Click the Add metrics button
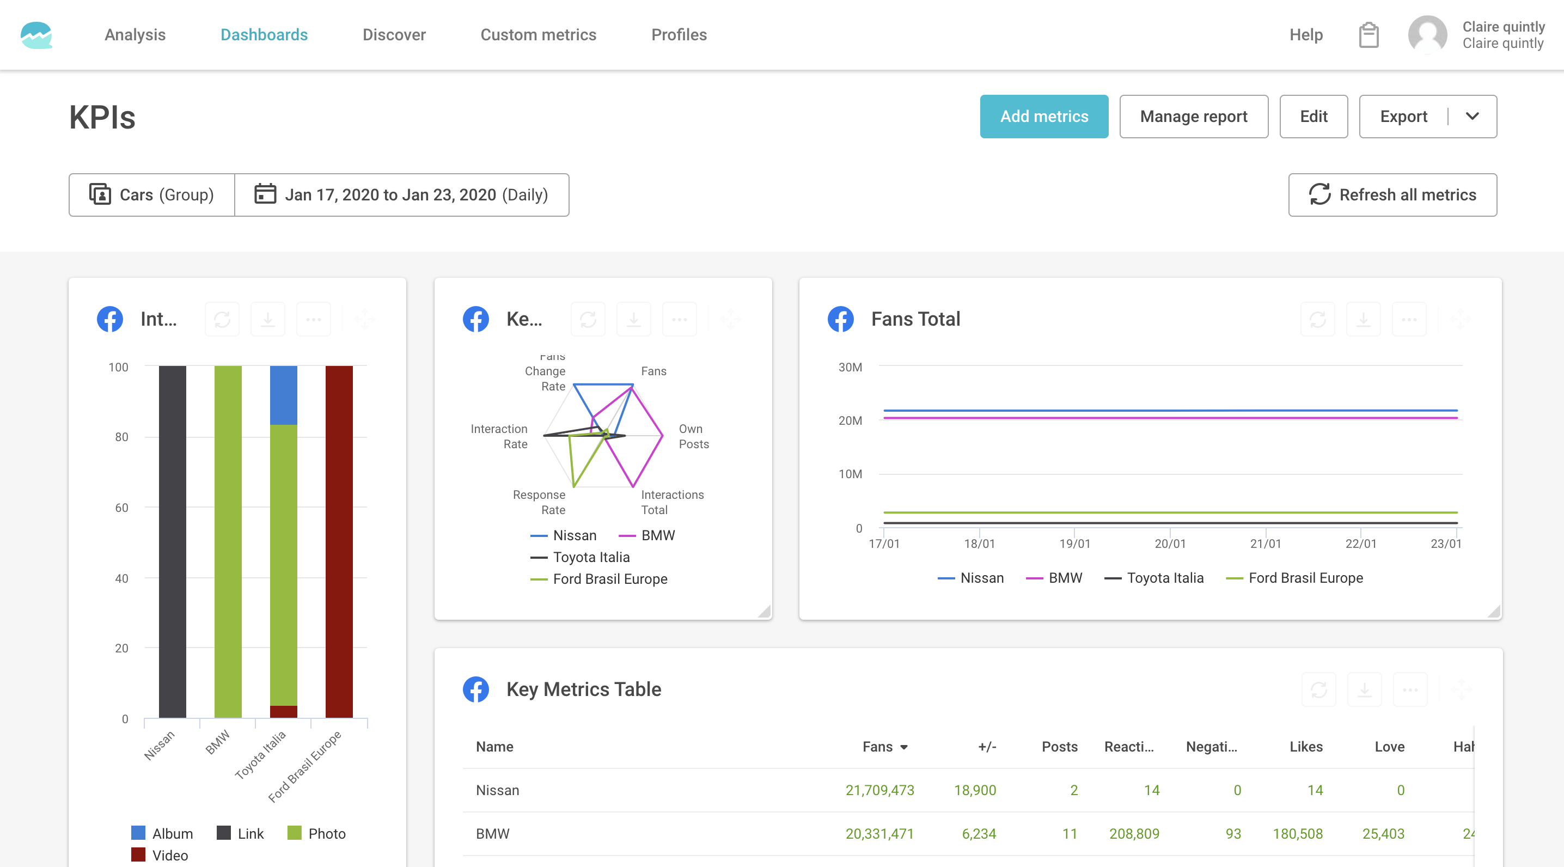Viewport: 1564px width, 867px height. click(x=1044, y=116)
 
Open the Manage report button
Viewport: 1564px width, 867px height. click(x=1193, y=116)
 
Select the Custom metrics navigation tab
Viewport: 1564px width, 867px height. click(x=538, y=35)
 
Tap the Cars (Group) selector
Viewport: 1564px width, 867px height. click(x=152, y=195)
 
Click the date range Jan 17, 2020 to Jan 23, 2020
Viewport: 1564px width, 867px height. click(x=401, y=195)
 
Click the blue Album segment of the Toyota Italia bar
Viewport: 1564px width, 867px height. click(x=284, y=395)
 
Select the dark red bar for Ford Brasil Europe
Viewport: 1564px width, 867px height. click(x=339, y=540)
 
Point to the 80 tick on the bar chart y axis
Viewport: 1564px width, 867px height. click(x=121, y=437)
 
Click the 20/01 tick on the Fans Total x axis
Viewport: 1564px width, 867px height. click(x=1169, y=544)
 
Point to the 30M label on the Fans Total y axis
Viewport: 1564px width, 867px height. click(x=850, y=367)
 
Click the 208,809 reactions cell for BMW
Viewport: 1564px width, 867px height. click(x=1134, y=834)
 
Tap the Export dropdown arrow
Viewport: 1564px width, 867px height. click(x=1473, y=116)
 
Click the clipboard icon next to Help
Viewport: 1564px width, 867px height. click(x=1368, y=35)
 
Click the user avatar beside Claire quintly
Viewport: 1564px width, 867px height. click(x=1427, y=35)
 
